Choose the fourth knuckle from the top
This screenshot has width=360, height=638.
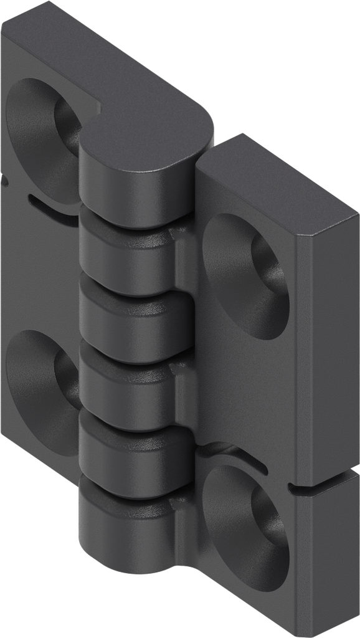coord(128,383)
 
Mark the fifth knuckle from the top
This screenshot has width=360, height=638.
coord(128,449)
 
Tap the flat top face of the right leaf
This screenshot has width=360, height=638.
coord(249,187)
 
